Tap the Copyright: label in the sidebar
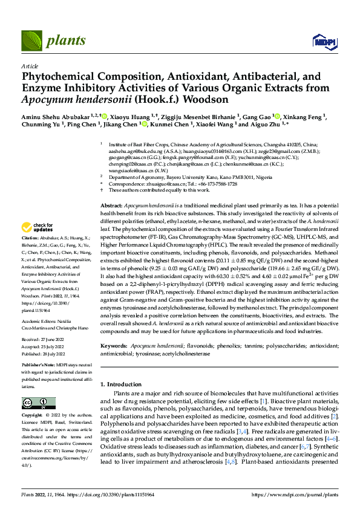tap(33, 416)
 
